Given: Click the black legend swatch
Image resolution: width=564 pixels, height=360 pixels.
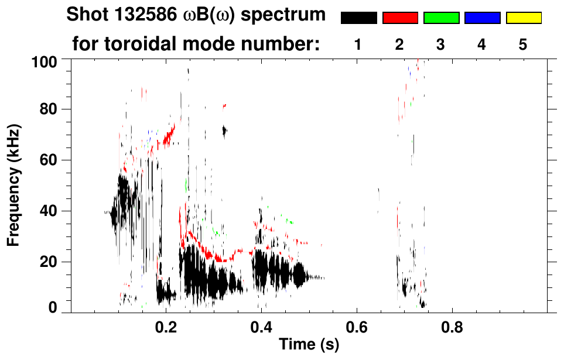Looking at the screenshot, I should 358,18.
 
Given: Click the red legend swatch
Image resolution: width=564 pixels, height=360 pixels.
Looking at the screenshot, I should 400,18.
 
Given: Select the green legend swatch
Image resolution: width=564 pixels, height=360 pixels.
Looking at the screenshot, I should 441,18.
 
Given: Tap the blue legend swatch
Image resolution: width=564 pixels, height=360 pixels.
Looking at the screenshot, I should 482,18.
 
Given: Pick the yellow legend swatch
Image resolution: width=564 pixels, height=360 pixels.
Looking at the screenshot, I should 524,18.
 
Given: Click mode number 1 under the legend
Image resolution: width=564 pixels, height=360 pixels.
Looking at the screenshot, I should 358,44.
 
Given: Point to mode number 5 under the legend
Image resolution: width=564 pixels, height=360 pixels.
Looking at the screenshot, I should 523,44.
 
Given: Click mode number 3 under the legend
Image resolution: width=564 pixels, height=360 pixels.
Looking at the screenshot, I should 440,44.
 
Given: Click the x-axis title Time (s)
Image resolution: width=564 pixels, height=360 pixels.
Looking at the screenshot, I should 308,345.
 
